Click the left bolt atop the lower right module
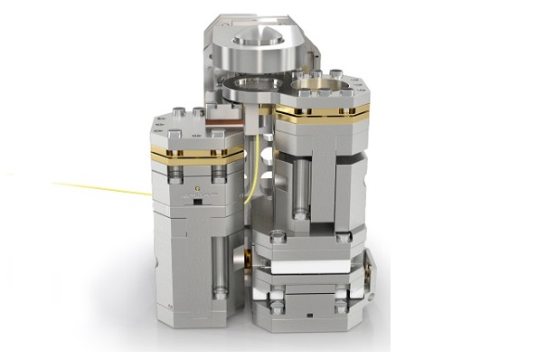[x=278, y=238]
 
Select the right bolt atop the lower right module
[x=343, y=238]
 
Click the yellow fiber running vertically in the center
[x=256, y=158]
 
